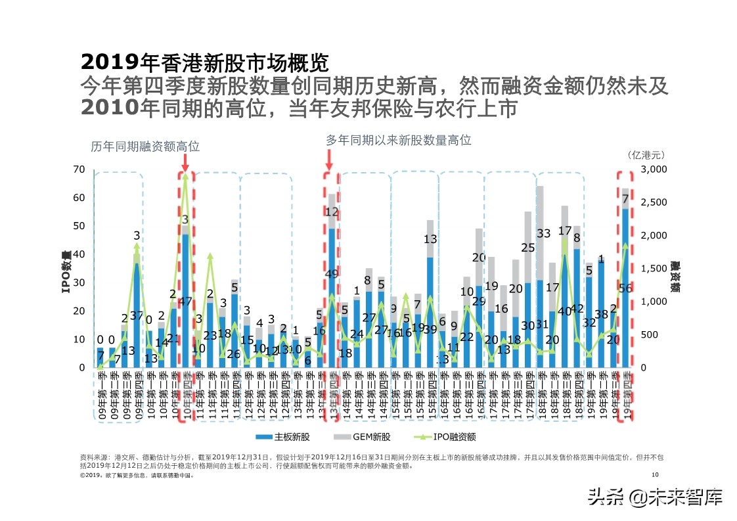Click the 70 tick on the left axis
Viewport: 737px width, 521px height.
(x=78, y=170)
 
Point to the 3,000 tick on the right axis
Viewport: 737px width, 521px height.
(x=653, y=170)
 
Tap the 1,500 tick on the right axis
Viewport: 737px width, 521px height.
(x=653, y=269)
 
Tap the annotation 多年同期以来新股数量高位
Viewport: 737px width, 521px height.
(x=399, y=140)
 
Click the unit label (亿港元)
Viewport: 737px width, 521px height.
(x=646, y=155)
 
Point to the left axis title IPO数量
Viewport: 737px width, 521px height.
(x=66, y=271)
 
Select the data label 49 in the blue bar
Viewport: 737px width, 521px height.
(x=332, y=274)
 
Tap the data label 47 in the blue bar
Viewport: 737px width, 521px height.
(x=185, y=302)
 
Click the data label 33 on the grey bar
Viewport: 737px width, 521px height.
(x=543, y=233)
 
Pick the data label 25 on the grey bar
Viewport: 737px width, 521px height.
(x=527, y=248)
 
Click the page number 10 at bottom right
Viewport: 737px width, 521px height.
(x=654, y=475)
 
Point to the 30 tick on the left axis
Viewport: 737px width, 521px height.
(x=78, y=283)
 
